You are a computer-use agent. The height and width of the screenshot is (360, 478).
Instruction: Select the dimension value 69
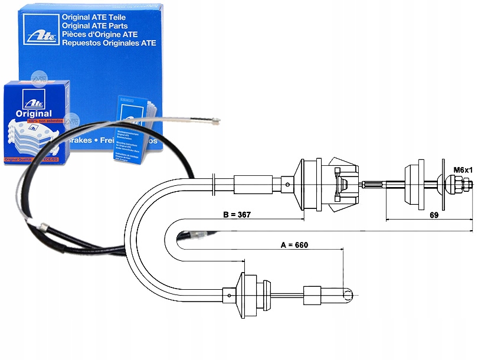[x=434, y=215]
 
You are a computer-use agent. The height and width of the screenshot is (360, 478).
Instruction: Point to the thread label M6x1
[x=462, y=171]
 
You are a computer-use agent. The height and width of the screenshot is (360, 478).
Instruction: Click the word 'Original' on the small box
[x=34, y=113]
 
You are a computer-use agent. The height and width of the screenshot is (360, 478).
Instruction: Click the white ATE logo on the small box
[x=28, y=97]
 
